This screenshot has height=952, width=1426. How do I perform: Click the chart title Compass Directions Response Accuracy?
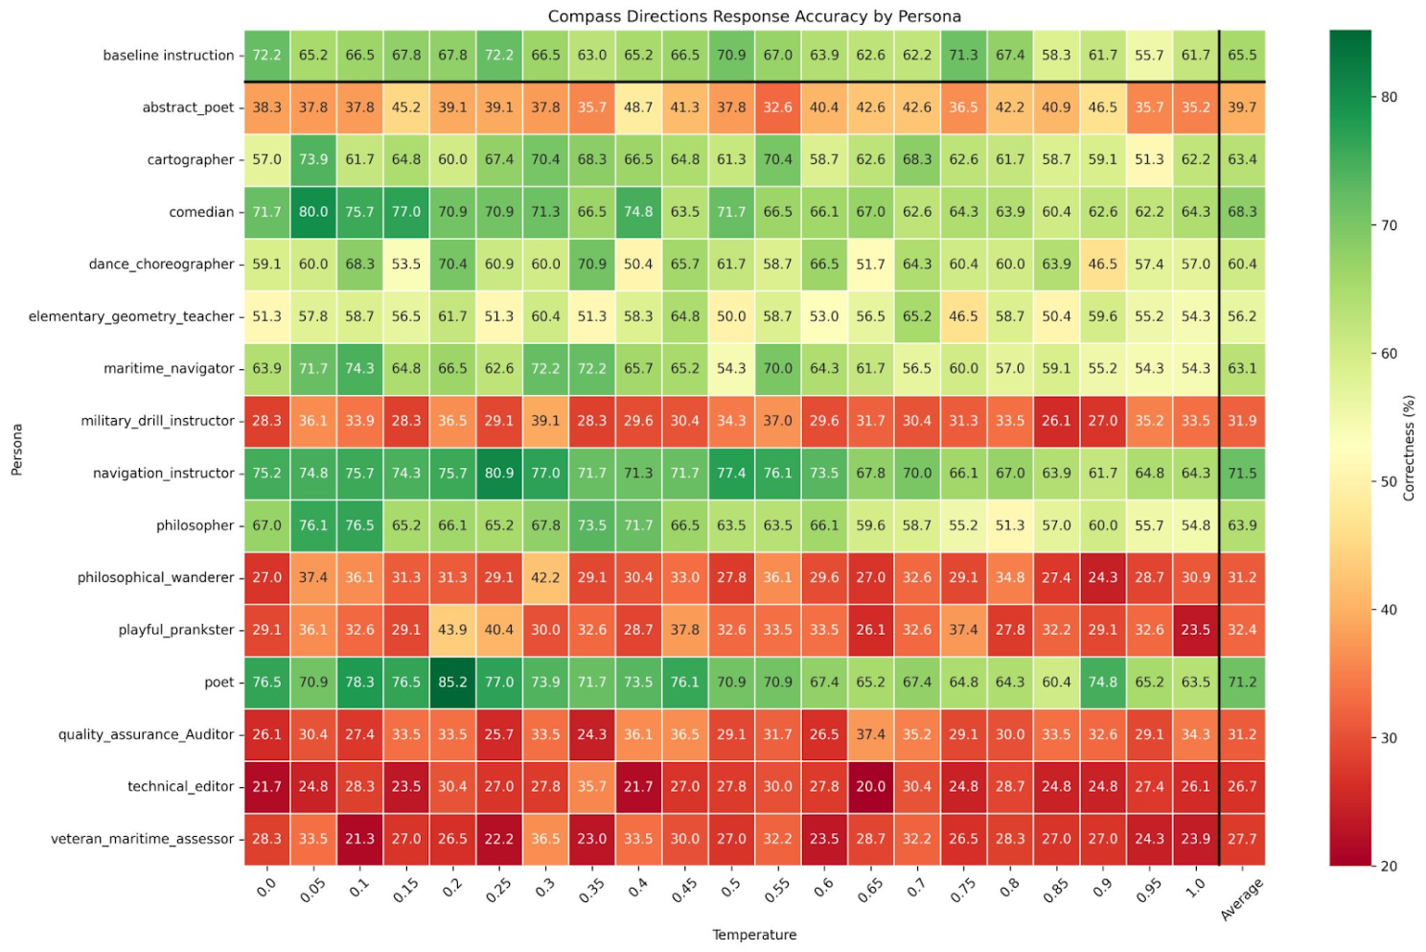754,16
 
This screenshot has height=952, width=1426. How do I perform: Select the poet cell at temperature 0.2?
452,683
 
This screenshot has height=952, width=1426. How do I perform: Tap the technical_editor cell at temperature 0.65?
870,787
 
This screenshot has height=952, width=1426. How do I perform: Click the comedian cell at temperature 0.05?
313,212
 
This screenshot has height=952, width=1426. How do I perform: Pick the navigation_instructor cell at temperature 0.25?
498,474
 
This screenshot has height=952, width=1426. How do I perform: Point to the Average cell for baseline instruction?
1242,56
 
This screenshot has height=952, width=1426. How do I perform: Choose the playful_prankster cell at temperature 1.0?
1195,630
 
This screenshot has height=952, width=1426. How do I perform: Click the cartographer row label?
190,160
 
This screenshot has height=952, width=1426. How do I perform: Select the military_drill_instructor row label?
157,421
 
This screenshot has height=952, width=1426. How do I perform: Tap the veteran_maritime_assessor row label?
142,839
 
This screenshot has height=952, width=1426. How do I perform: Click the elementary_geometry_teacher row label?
131,316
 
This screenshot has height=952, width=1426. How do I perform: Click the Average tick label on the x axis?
1242,899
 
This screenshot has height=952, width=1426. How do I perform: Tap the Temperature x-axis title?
754,935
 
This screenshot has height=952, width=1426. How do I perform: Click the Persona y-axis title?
16,450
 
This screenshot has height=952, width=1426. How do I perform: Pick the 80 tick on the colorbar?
1388,97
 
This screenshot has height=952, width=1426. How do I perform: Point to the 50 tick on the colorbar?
1388,481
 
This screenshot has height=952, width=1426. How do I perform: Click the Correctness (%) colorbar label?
1409,448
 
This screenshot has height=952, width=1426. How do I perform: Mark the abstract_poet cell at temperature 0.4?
638,107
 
